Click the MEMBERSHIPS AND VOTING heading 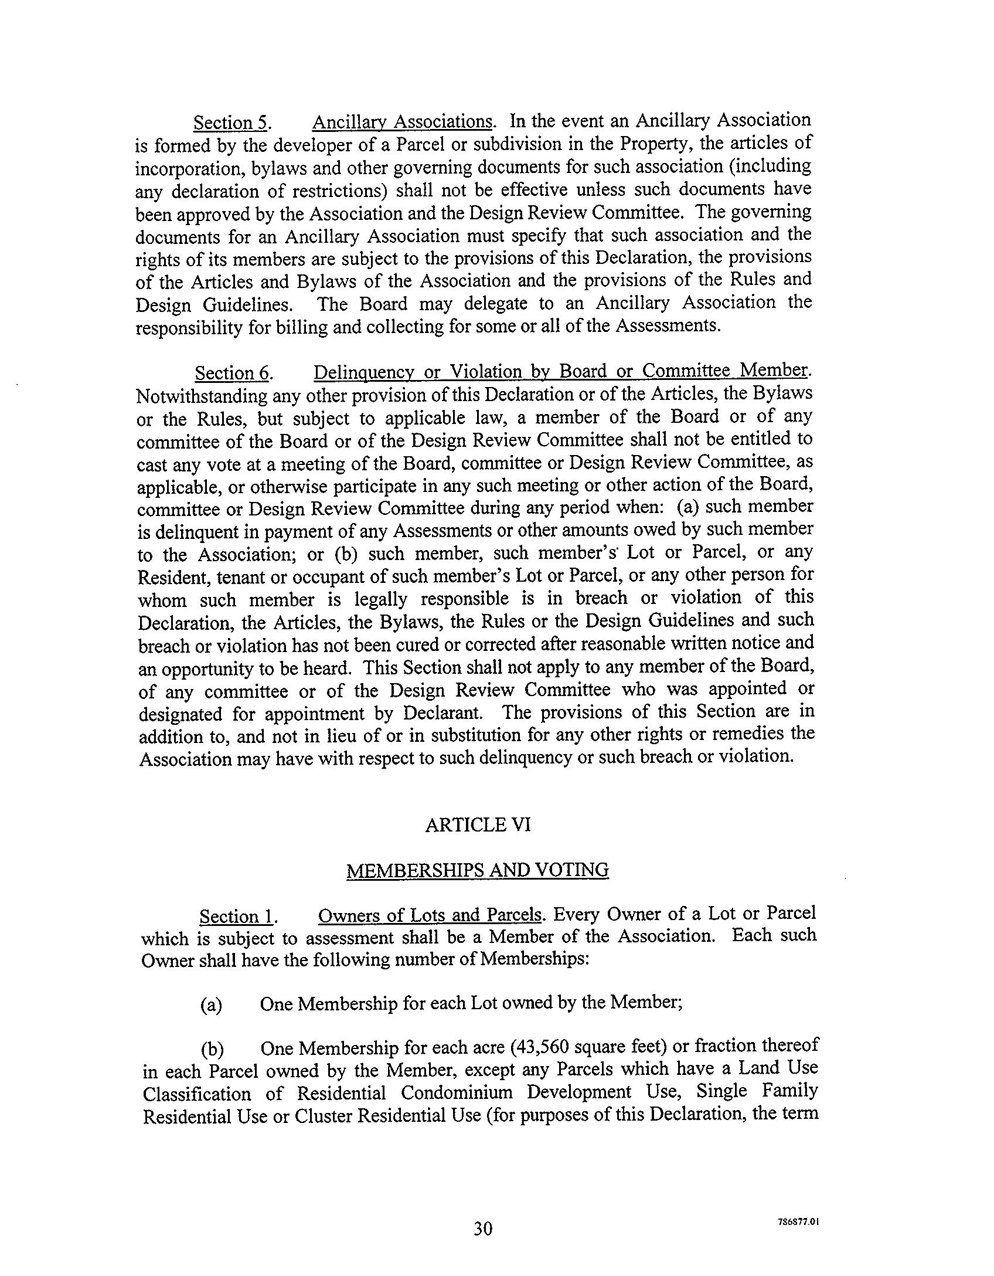pyautogui.click(x=477, y=870)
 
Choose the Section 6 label pyautogui.click(x=232, y=374)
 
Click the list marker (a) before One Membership pyautogui.click(x=211, y=1006)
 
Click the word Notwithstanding pyautogui.click(x=202, y=397)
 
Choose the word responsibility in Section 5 pyautogui.click(x=189, y=328)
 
